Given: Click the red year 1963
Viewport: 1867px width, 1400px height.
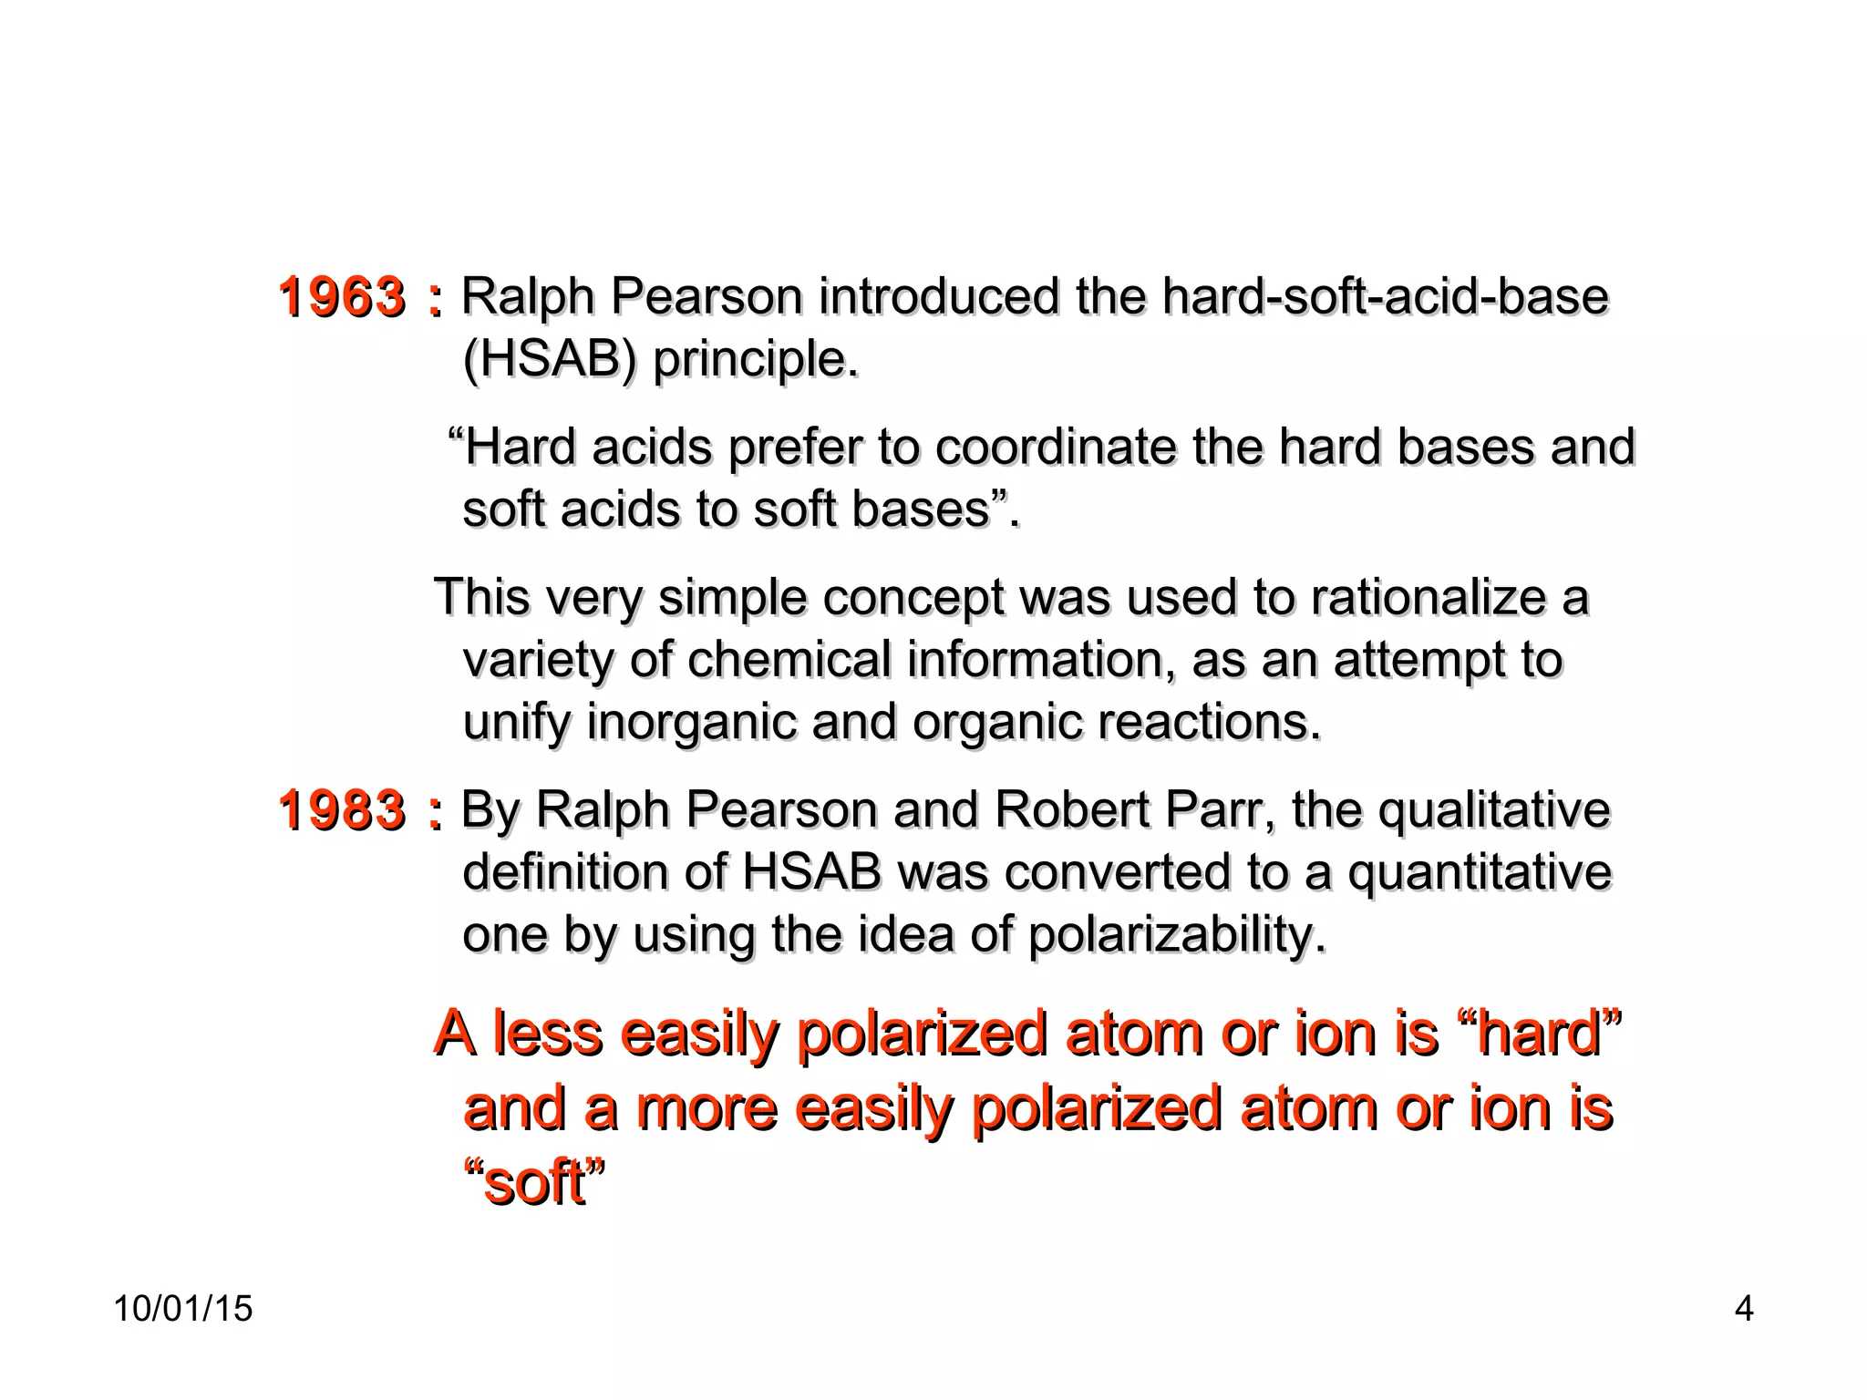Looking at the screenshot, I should [x=342, y=297].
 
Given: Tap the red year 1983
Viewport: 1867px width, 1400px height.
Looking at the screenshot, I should [x=342, y=810].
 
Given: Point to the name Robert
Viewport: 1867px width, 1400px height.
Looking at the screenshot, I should [x=1072, y=810].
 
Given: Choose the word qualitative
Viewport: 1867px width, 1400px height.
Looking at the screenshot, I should [x=1494, y=810].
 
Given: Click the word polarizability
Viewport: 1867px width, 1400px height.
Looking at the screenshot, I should [x=1176, y=935].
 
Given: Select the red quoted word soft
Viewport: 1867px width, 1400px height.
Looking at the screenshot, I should [x=534, y=1183].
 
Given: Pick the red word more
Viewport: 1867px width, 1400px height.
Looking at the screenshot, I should [x=707, y=1108].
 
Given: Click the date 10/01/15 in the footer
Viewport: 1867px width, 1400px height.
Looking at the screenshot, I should [x=183, y=1309].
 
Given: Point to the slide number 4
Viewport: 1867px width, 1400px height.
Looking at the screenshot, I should [x=1743, y=1309].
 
